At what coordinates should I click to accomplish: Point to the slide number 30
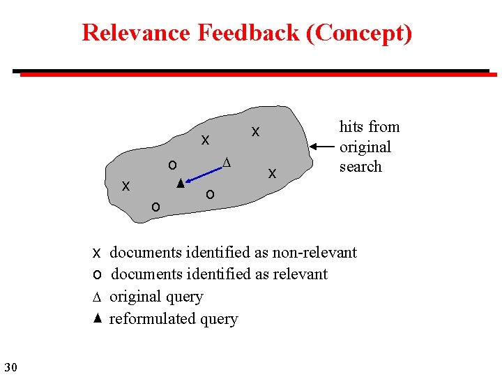pos(10,367)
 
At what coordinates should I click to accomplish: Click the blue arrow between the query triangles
pos(201,173)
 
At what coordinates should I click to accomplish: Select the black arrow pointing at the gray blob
pos(322,147)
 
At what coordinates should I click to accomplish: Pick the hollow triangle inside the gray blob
pos(225,163)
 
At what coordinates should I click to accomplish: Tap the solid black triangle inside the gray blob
pos(180,184)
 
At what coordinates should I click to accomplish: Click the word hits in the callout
pos(352,127)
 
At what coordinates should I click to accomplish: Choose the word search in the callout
pos(360,167)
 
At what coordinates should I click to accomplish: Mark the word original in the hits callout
pos(365,147)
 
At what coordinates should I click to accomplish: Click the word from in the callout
pos(384,127)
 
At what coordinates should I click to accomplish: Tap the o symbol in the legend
pos(98,274)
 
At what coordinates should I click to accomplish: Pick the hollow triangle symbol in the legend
pos(98,297)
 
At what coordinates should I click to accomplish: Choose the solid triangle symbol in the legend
pos(98,318)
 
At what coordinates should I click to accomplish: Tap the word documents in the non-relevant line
pos(146,253)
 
